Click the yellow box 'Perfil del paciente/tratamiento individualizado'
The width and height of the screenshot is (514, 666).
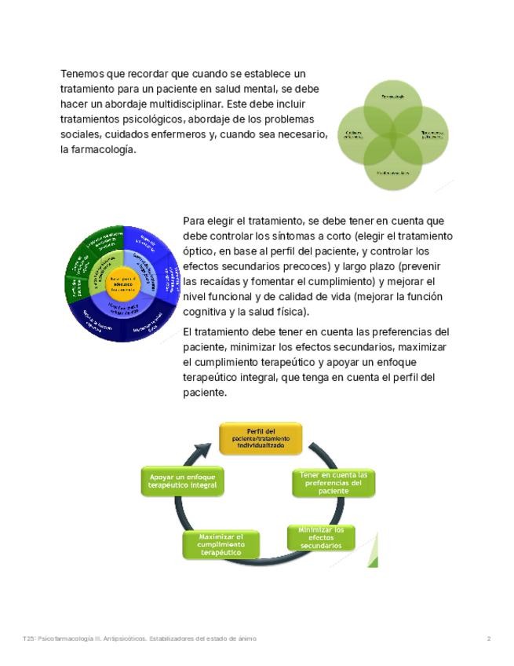pos(259,439)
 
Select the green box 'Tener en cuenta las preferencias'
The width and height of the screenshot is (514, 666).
pos(334,482)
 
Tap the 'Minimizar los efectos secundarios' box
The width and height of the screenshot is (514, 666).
pos(321,538)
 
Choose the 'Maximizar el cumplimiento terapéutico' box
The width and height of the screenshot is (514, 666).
pos(221,544)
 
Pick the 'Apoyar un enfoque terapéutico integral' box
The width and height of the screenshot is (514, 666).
pos(183,481)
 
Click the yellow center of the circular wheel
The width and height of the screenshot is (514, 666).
pos(123,284)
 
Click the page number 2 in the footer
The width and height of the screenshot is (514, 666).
pos(489,639)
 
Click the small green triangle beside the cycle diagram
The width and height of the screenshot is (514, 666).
pos(373,562)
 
